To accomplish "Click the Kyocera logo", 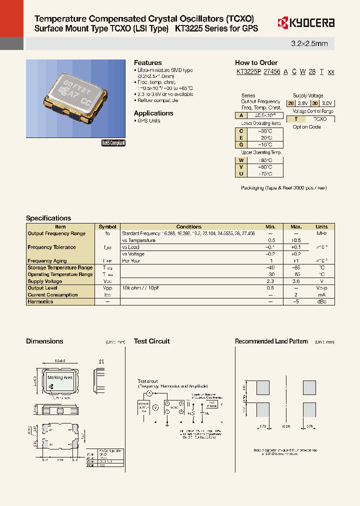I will point(305,22).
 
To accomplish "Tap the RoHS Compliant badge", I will point(113,143).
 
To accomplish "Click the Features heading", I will point(147,62).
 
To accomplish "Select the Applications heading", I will point(153,113).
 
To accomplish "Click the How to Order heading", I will point(256,62).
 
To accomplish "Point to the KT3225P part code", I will point(248,72).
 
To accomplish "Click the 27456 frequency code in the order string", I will point(271,72).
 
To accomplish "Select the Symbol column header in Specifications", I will point(107,226).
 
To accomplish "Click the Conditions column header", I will point(189,226).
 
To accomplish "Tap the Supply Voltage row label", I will point(45,281).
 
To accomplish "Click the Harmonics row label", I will point(40,302).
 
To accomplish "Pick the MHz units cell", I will point(321,233).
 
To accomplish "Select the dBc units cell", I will point(321,302).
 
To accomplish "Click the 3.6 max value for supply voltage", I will point(296,281).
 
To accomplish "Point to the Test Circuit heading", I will point(151,341).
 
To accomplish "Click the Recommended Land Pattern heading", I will point(271,341).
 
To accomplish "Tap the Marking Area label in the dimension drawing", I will point(60,377).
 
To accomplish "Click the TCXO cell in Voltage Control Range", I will point(319,119).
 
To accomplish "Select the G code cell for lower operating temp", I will point(241,144).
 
